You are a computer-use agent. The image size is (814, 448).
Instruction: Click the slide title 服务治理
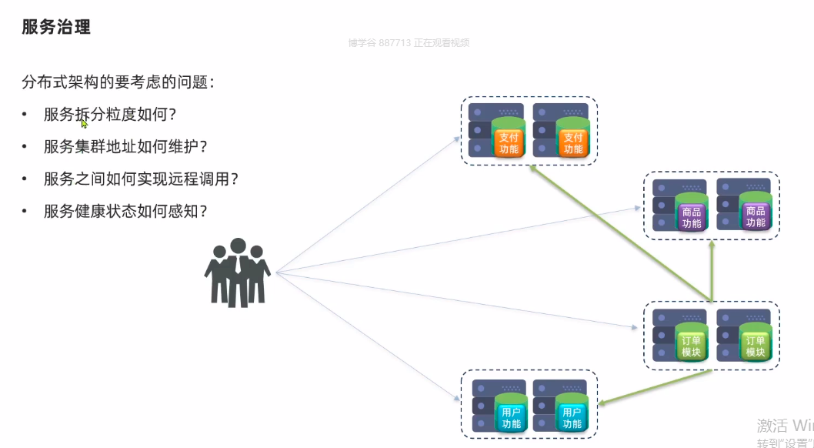(56, 28)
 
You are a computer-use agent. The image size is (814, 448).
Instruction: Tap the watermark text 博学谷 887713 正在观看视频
(408, 43)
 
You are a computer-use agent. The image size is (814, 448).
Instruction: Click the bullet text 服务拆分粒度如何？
(110, 115)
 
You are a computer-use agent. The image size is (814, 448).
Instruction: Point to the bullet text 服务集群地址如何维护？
(125, 146)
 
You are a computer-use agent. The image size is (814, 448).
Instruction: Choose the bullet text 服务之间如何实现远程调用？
(141, 179)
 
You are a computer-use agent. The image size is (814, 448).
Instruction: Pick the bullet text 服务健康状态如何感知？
(125, 211)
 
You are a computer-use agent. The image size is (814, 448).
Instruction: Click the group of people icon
(237, 272)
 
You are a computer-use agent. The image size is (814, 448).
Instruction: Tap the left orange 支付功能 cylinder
(509, 139)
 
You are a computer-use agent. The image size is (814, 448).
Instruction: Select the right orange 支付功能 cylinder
(572, 139)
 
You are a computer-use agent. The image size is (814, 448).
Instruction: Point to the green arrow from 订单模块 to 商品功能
(712, 269)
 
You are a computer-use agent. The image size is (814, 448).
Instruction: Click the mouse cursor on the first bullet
(84, 122)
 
